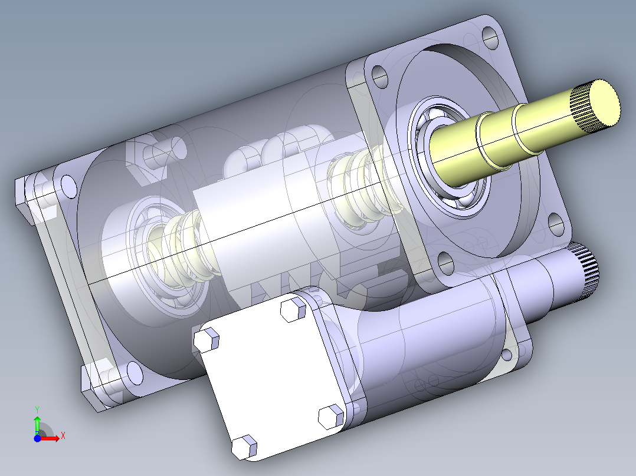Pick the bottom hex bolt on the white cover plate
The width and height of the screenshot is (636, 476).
click(x=245, y=447)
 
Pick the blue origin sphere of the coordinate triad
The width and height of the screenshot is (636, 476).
click(x=37, y=438)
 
